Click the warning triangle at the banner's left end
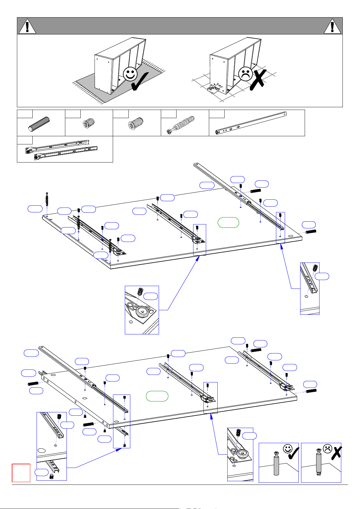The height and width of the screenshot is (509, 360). (27, 27)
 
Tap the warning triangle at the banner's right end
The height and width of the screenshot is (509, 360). (332, 27)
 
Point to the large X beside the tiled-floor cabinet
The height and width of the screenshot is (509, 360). (258, 79)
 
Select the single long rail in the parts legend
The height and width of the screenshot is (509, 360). (251, 122)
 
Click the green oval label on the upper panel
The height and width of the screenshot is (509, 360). (228, 223)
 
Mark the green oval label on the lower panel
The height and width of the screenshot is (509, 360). (157, 396)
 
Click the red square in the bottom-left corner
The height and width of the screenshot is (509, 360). (21, 473)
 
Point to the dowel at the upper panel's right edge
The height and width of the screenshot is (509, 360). (311, 232)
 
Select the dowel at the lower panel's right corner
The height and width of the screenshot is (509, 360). (311, 391)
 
